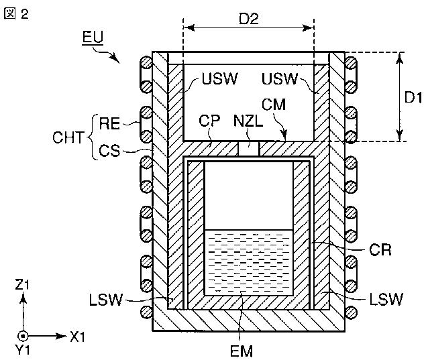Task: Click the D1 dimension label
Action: pyautogui.click(x=413, y=97)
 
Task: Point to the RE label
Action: pyautogui.click(x=109, y=123)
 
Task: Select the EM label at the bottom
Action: pyautogui.click(x=242, y=349)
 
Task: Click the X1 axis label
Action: pyautogui.click(x=79, y=335)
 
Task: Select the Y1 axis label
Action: pyautogui.click(x=23, y=349)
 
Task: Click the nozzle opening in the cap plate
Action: pyautogui.click(x=250, y=147)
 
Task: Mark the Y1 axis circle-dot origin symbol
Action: pyautogui.click(x=23, y=335)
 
